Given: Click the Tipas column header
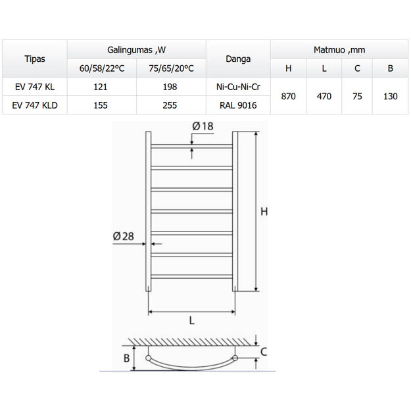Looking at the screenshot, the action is click(35, 59).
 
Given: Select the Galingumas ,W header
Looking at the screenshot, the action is click(136, 50).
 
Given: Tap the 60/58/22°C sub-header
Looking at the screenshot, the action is click(102, 68).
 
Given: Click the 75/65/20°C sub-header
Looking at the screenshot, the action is click(171, 68).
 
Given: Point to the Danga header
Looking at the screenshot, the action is click(238, 59).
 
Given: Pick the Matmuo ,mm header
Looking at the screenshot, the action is click(339, 50).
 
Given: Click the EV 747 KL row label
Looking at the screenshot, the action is click(35, 87).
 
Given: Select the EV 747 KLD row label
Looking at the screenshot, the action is click(35, 105).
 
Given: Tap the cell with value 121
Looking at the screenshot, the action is click(101, 87).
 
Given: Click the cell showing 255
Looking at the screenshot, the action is click(170, 105).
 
